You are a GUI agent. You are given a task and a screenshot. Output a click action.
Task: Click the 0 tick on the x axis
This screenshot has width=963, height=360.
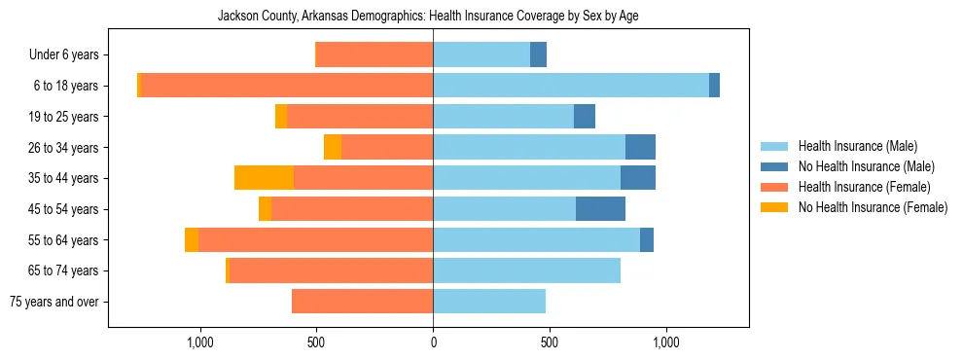coord(433,342)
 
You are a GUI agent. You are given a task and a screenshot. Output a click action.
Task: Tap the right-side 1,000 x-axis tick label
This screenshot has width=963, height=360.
coord(666,342)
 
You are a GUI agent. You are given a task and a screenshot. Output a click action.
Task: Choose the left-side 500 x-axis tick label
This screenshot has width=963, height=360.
coord(316,342)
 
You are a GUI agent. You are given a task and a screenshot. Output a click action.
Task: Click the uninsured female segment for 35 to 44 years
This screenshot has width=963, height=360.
coord(264,178)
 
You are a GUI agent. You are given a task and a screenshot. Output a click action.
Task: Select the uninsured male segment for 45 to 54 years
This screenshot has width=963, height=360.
coord(600,209)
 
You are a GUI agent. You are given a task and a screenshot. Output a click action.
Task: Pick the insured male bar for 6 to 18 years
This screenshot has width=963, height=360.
coord(571,86)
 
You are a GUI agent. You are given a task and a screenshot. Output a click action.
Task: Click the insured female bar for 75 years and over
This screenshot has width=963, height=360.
coord(362,302)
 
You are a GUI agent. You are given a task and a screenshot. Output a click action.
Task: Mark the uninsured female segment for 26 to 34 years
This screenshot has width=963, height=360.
coord(333,147)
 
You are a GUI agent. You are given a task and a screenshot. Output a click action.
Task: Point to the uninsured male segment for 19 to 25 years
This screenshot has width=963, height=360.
coord(585,117)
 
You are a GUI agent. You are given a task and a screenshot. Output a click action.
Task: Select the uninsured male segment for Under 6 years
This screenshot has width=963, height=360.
coord(538,55)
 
